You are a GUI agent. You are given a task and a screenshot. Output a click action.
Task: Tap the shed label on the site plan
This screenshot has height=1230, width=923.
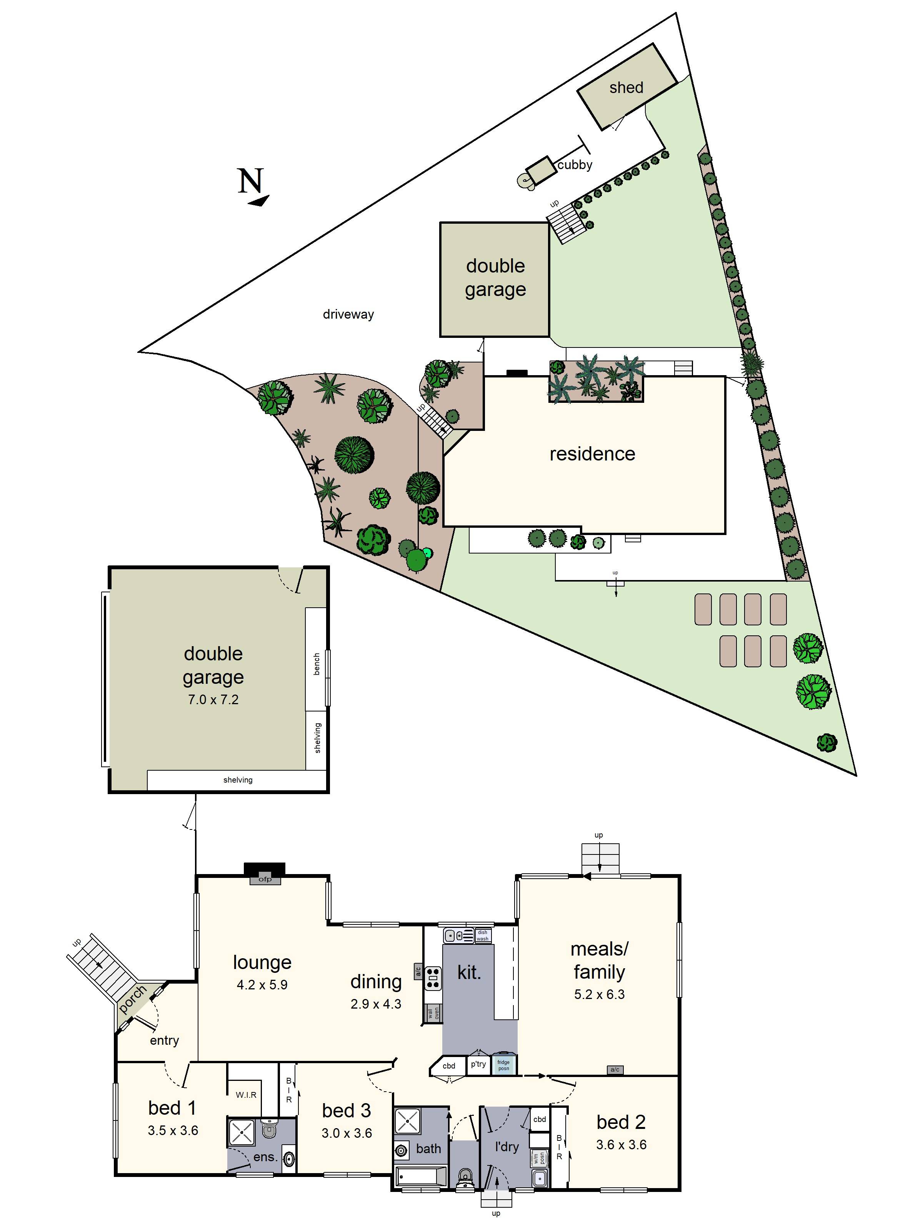[x=626, y=88]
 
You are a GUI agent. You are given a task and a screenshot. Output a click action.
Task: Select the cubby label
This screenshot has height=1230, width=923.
[x=575, y=165]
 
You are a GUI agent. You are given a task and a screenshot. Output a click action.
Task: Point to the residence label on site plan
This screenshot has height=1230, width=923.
[x=592, y=454]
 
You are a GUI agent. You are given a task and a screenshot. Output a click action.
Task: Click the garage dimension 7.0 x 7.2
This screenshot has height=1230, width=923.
[x=213, y=700]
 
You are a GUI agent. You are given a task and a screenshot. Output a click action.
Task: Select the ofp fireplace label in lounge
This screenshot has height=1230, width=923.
[x=265, y=879]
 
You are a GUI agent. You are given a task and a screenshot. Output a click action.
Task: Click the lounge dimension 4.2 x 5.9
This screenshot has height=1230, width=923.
[x=262, y=985]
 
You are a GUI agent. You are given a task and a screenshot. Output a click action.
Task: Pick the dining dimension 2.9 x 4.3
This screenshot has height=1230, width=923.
[x=375, y=1004]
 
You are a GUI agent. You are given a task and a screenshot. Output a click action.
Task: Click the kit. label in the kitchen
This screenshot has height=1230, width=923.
[x=469, y=972]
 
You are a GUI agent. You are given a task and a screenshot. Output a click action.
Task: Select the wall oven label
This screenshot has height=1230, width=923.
[x=433, y=1013]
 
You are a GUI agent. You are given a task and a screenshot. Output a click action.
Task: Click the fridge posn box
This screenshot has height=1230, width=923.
[x=503, y=1065]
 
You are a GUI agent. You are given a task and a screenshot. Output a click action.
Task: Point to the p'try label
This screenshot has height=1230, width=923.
[x=478, y=1064]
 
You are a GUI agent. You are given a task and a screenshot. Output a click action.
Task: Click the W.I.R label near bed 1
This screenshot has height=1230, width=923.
[x=246, y=1095]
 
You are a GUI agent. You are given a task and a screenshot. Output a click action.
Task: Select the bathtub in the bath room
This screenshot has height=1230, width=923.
[x=421, y=1177]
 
